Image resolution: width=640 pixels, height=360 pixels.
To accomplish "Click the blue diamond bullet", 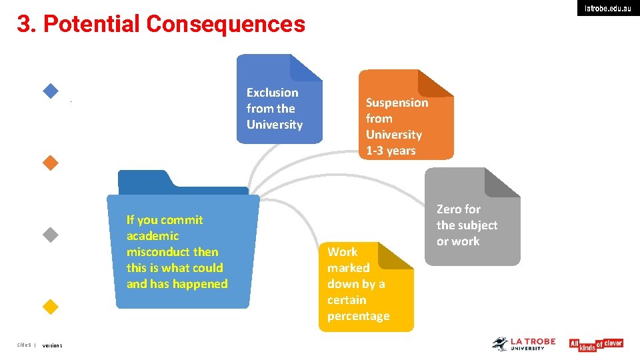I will point(51,91).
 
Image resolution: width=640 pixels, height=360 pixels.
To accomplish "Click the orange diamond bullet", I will point(51,163).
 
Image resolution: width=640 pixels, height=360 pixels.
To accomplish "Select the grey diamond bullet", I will point(51,235).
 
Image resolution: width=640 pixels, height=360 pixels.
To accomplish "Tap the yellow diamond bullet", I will point(51,307).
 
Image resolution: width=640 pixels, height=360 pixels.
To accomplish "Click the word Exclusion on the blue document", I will point(272,93).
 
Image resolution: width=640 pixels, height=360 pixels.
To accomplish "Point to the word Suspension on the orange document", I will point(397,103).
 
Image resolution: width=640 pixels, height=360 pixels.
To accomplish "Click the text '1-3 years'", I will point(391,151).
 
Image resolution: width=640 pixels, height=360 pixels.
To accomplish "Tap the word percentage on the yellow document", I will point(358,316).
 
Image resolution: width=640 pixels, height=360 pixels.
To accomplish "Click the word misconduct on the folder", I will point(172,252).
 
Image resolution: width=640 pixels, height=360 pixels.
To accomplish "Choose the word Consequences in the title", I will point(225,25).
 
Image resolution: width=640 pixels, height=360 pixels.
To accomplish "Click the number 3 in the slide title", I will point(24,25).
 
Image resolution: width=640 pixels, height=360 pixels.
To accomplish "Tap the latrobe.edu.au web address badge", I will point(608,9).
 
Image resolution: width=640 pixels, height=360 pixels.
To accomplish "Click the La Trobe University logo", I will point(524,344).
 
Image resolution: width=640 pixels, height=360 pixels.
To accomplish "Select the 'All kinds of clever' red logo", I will point(595,344).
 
